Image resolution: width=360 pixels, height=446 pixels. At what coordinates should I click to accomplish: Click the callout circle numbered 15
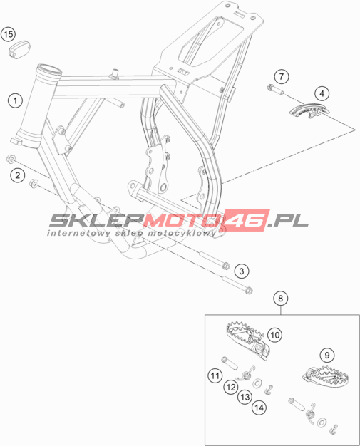coord(9,34)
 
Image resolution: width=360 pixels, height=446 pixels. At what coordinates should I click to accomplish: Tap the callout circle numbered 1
coord(15,100)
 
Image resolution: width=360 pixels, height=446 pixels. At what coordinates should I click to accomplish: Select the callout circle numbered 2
coord(17,175)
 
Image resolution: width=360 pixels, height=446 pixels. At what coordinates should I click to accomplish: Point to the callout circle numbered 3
coord(242,271)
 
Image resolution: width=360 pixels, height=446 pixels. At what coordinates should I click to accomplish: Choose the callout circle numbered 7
coord(282,76)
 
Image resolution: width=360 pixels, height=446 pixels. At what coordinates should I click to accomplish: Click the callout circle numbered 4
coord(322,93)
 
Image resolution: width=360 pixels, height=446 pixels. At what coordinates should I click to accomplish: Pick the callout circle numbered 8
coord(281,298)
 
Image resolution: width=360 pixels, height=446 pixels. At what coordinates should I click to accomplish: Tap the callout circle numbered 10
coord(274,335)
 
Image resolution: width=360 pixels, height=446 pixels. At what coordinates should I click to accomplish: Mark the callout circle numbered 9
coord(327,355)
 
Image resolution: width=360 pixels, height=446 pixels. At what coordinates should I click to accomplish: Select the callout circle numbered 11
coord(215,375)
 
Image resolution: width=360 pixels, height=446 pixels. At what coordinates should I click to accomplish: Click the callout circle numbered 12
coord(230,387)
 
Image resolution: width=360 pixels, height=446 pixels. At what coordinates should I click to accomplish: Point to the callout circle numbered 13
coord(245,397)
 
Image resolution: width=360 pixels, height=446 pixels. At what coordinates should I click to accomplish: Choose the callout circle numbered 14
coord(259,408)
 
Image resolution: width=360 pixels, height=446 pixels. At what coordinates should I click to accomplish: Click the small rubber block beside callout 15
coord(19,50)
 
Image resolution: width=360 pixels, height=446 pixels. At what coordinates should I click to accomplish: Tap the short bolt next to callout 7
coord(275,90)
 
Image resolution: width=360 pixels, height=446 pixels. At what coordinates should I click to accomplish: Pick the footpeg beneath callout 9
coord(325,376)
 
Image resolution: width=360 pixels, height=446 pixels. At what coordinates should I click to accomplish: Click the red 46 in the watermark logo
coord(247,219)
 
